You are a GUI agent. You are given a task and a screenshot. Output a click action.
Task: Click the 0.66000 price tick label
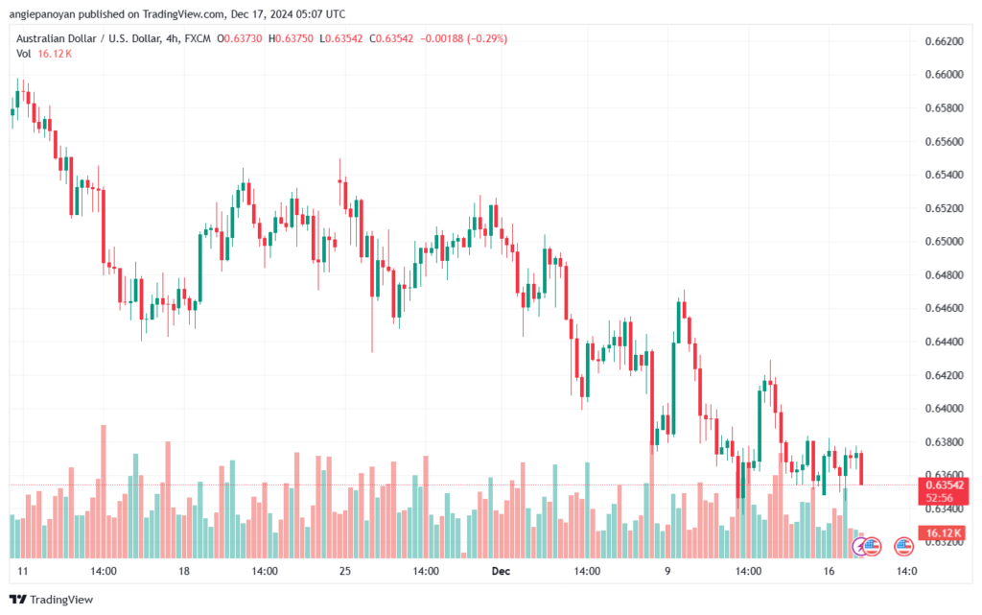click(x=944, y=75)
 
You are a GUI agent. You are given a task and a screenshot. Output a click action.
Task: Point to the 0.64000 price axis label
click(x=944, y=409)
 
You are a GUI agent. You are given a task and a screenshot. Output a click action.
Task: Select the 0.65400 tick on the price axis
click(x=944, y=175)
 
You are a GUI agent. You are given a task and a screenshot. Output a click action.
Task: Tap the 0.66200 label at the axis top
click(x=944, y=41)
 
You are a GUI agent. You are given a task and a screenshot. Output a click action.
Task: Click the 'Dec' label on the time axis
click(x=501, y=571)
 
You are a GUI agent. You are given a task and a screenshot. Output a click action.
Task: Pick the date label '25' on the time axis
click(x=345, y=571)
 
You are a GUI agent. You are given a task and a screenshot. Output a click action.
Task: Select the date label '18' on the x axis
click(x=183, y=571)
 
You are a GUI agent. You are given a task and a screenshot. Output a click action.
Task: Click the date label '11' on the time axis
click(x=23, y=571)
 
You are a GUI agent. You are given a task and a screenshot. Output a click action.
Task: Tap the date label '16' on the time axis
click(x=829, y=571)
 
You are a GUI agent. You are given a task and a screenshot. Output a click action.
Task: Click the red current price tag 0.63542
click(x=944, y=485)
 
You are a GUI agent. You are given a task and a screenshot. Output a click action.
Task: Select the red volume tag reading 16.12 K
click(x=944, y=532)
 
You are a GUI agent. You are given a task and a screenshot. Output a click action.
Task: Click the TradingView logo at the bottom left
click(x=52, y=600)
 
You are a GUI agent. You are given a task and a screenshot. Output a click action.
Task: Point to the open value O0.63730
click(x=239, y=38)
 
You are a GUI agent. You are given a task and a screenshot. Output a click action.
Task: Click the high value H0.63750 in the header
click(x=291, y=38)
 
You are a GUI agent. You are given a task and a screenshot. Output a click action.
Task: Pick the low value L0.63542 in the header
click(x=340, y=38)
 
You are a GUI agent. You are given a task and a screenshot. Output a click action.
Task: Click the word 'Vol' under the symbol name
click(x=24, y=54)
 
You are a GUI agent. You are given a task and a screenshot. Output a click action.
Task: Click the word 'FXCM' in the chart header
click(x=198, y=38)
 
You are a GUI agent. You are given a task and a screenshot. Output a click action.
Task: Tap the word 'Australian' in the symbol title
click(x=39, y=38)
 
